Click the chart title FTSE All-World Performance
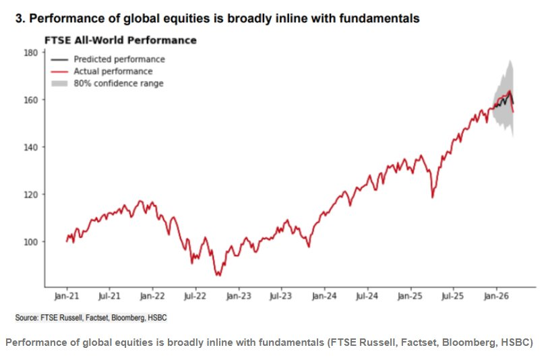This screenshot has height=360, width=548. (x=120, y=40)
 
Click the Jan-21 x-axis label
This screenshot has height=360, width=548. (x=66, y=295)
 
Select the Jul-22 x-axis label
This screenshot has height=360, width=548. (x=195, y=295)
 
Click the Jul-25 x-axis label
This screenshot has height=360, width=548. (x=453, y=295)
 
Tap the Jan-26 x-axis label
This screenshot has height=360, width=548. (x=497, y=295)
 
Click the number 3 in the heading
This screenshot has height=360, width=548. (x=18, y=19)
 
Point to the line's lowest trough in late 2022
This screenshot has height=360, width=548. (x=217, y=275)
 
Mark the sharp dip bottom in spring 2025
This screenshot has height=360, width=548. (x=431, y=197)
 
